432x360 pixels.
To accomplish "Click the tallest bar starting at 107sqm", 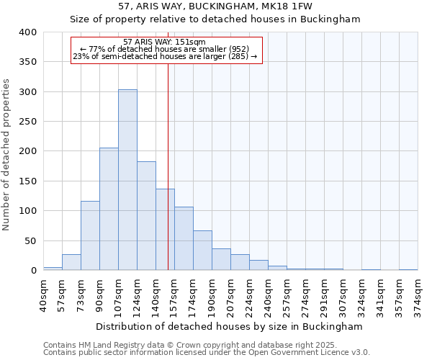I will click(x=127, y=180).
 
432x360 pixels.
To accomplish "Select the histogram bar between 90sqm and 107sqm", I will click(x=109, y=209).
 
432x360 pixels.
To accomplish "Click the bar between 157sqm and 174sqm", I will click(x=184, y=238).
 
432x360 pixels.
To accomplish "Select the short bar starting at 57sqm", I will click(x=71, y=262).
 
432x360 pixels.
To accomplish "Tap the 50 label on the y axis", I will click(x=31, y=240).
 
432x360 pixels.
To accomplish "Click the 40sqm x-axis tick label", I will click(x=44, y=293).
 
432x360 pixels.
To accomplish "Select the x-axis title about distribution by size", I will click(x=229, y=326).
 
